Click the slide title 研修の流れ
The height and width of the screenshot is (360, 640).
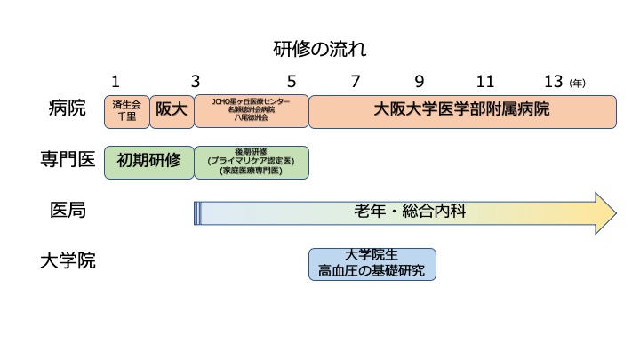[x=320, y=50]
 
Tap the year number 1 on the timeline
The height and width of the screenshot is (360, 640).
[x=116, y=82]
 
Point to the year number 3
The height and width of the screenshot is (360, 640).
[x=195, y=82]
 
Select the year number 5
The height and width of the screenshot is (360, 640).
[x=292, y=82]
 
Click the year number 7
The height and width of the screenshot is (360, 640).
[x=356, y=82]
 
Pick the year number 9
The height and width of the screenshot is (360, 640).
[x=420, y=82]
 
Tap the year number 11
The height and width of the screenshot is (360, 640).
[x=484, y=82]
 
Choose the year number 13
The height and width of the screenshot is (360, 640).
[x=554, y=82]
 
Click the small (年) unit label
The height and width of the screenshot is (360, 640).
[x=578, y=84]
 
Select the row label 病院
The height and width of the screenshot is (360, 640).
[x=68, y=110]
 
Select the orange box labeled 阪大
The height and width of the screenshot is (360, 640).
[x=172, y=111]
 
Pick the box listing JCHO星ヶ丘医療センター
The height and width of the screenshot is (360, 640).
[x=251, y=111]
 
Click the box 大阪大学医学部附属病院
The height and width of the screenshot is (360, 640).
[x=461, y=111]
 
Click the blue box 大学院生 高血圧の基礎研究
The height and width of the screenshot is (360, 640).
[x=372, y=264]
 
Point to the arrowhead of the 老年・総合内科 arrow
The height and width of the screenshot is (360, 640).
[x=604, y=212]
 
